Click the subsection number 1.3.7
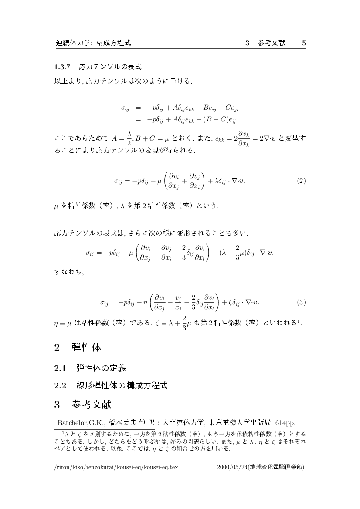pos(63,67)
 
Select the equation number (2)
pos(301,181)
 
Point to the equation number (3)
pos(301,302)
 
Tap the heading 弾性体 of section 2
pos(86,348)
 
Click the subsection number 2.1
pos(60,368)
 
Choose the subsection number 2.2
pos(60,385)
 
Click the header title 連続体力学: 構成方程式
pos(94,43)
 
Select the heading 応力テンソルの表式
pos(110,67)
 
